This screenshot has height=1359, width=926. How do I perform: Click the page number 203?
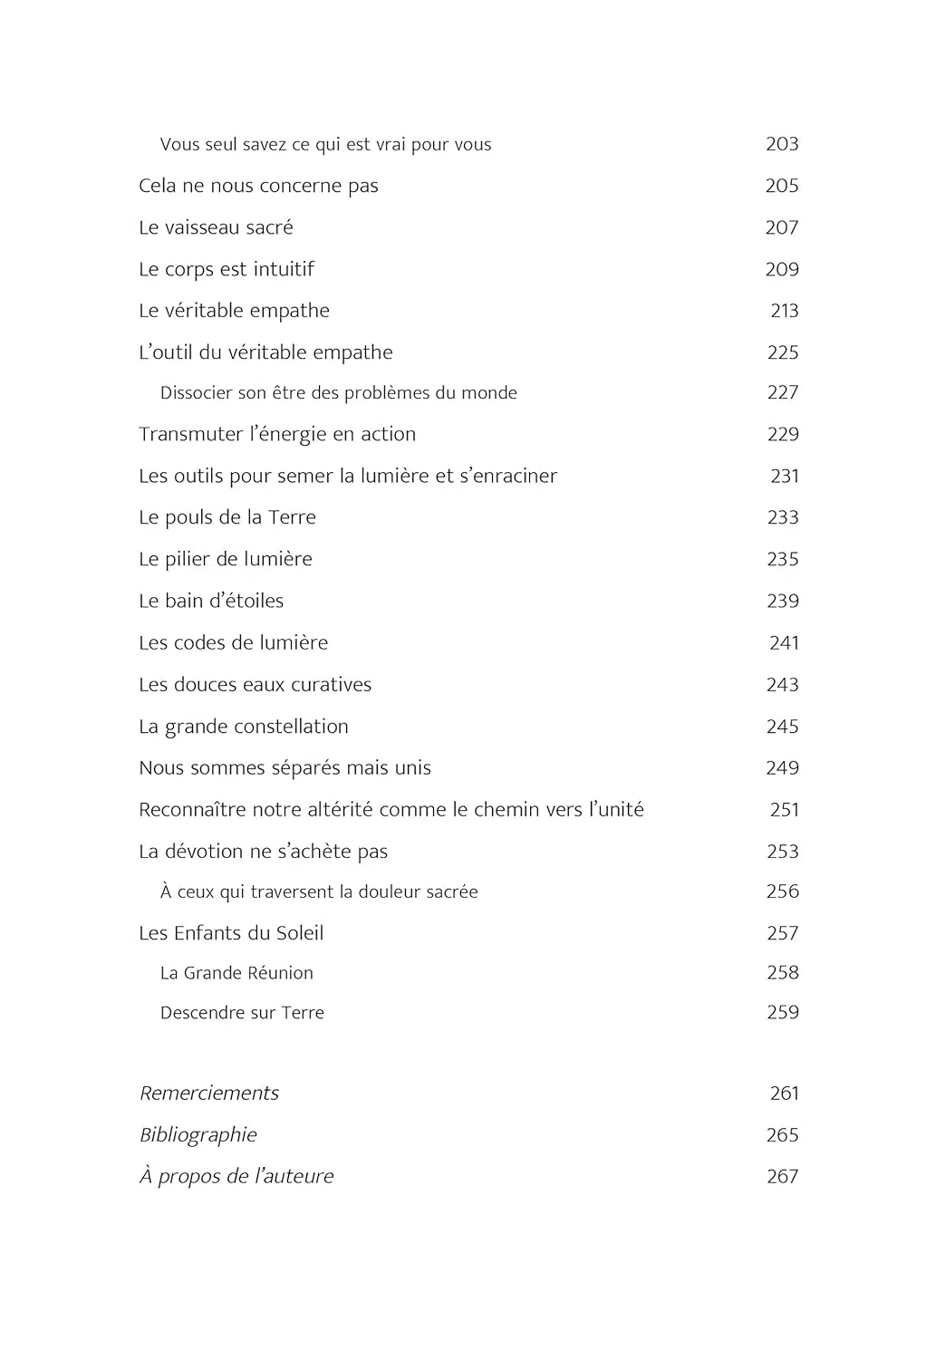pyautogui.click(x=782, y=144)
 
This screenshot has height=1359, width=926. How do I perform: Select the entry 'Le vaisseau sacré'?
pyautogui.click(x=216, y=227)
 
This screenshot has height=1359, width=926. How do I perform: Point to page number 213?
pyautogui.click(x=784, y=311)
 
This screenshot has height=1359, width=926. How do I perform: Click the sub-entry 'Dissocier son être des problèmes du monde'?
pyautogui.click(x=338, y=393)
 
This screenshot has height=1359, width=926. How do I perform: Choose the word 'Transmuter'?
pyautogui.click(x=190, y=434)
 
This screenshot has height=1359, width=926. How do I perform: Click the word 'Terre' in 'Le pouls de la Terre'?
pyautogui.click(x=292, y=517)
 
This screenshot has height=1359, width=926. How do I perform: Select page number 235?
pyautogui.click(x=782, y=559)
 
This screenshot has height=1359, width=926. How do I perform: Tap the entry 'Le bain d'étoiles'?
pyautogui.click(x=211, y=601)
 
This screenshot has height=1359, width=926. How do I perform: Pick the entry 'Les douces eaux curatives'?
pyautogui.click(x=255, y=685)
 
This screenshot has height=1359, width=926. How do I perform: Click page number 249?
pyautogui.click(x=782, y=768)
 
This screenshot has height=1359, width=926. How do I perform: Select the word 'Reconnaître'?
pyautogui.click(x=192, y=810)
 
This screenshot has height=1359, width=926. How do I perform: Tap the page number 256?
pyautogui.click(x=782, y=892)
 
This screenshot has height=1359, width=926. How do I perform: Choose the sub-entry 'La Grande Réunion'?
pyautogui.click(x=236, y=973)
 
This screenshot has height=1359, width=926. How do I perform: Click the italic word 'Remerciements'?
pyautogui.click(x=209, y=1094)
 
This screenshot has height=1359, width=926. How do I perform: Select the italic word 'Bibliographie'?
pyautogui.click(x=198, y=1135)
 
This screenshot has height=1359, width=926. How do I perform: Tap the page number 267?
pyautogui.click(x=782, y=1177)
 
